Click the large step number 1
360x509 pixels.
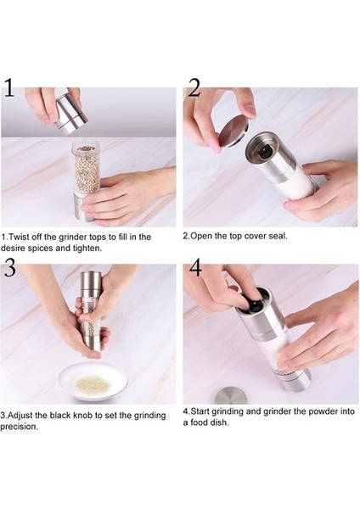point(9,87)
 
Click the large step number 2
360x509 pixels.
point(194,87)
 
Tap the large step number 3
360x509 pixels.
point(9,267)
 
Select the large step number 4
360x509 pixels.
point(195,267)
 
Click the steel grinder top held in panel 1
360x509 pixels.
point(72,115)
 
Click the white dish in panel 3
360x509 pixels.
point(93,382)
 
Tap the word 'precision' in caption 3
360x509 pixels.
point(18,428)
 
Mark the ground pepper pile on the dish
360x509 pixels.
point(93,383)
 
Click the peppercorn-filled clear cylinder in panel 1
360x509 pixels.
point(86,169)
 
